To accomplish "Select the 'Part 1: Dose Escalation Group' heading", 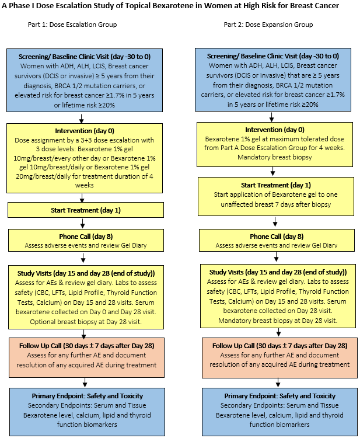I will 72,25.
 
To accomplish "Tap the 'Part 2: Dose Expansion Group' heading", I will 268,25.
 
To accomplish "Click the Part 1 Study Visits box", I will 83,296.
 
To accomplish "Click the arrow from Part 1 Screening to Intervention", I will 84,117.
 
